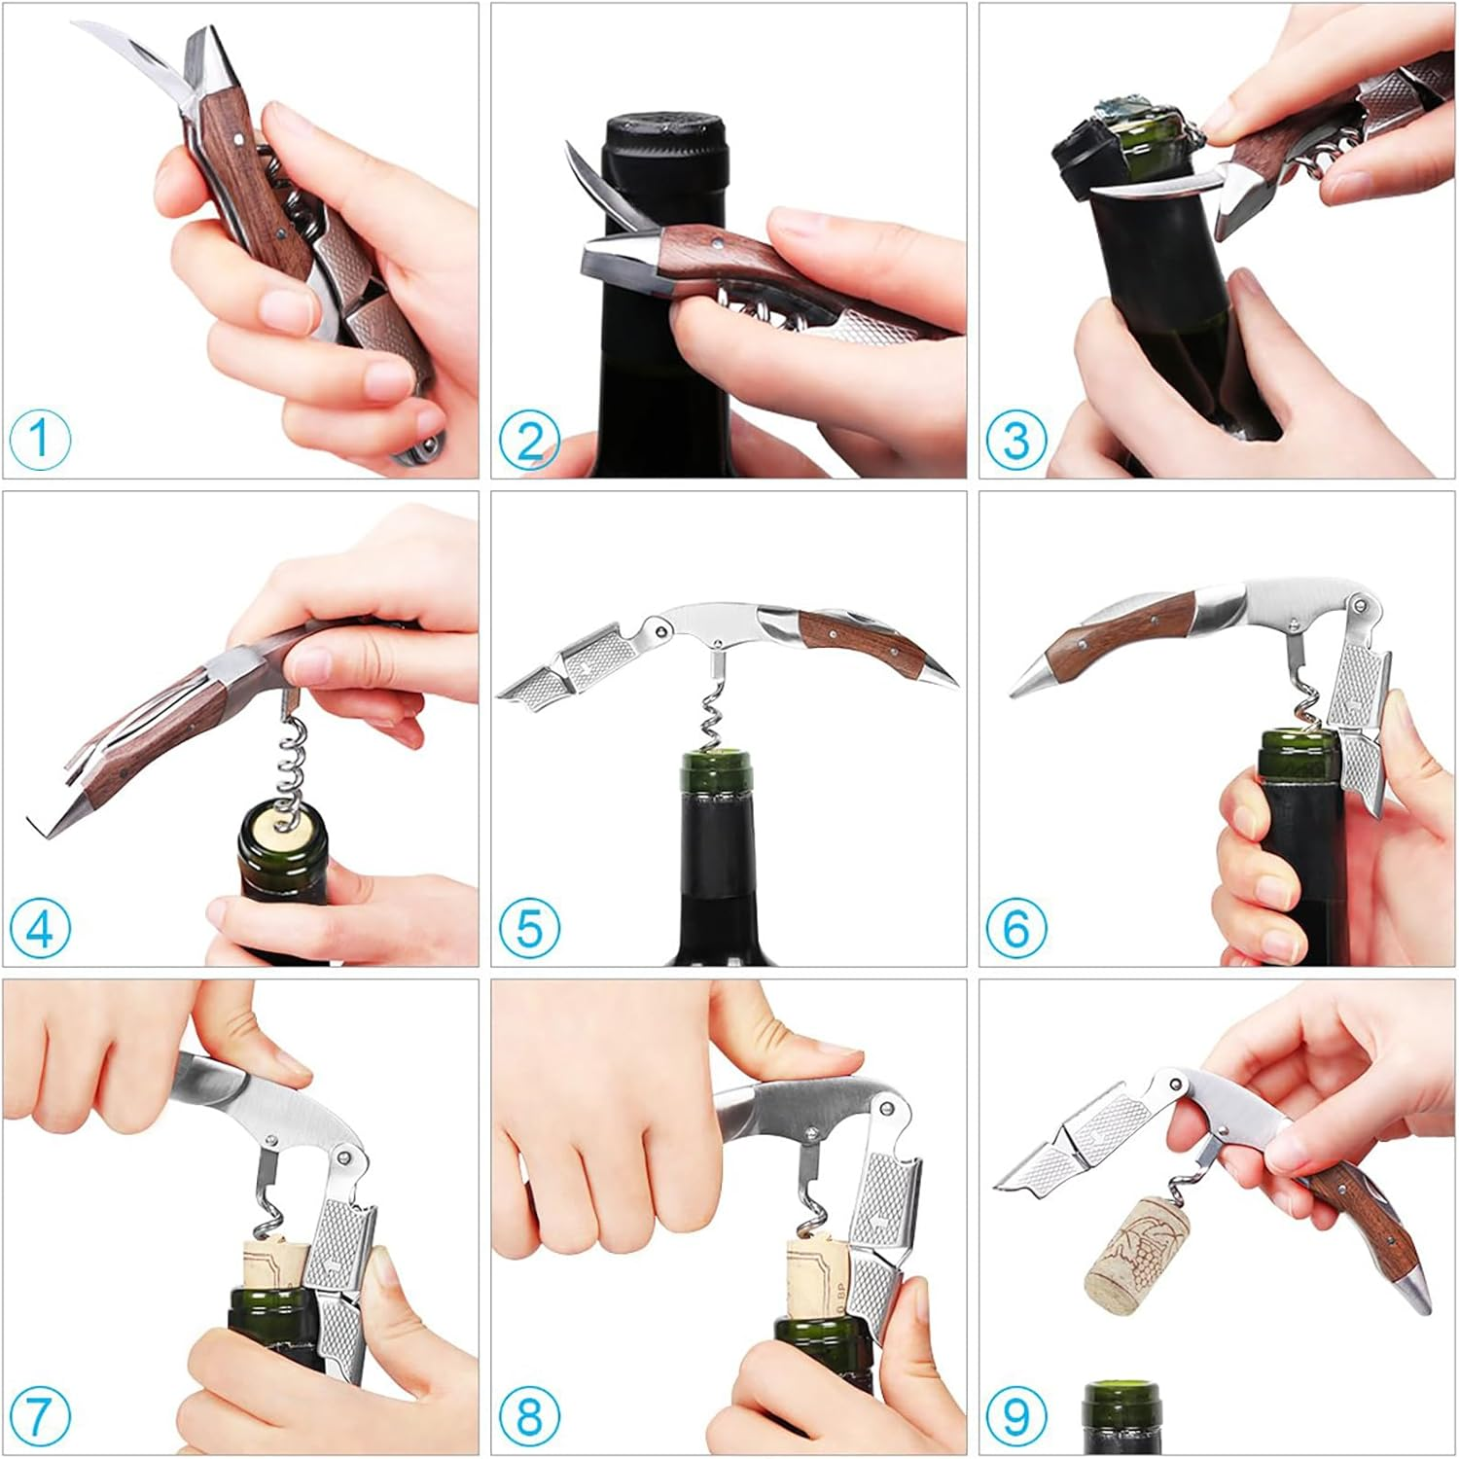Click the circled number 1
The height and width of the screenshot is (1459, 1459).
[41, 439]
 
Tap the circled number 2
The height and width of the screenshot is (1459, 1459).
[529, 439]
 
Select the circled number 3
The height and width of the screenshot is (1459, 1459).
[1015, 439]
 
